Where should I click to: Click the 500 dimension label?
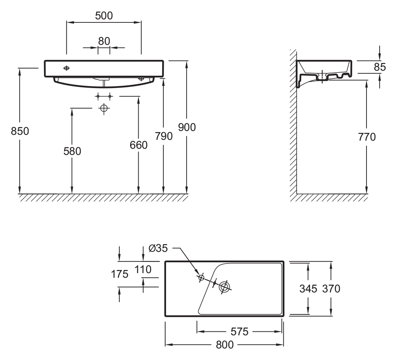pyautogui.click(x=104, y=15)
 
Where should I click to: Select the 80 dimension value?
pyautogui.click(x=104, y=41)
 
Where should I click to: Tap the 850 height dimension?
pyautogui.click(x=20, y=131)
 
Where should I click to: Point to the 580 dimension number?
pyautogui.click(x=72, y=151)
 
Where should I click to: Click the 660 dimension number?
pyautogui.click(x=139, y=145)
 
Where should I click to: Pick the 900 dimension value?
pyautogui.click(x=187, y=127)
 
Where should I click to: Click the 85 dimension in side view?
pyautogui.click(x=380, y=67)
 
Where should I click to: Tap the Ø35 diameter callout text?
pyautogui.click(x=158, y=249)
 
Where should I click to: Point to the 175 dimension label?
pyautogui.click(x=120, y=274)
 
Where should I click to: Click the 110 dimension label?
pyautogui.click(x=143, y=270)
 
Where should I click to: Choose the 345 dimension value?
pyautogui.click(x=308, y=288)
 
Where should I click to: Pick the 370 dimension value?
pyautogui.click(x=331, y=288)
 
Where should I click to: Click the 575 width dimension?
pyautogui.click(x=239, y=332)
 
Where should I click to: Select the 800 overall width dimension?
pyautogui.click(x=224, y=345)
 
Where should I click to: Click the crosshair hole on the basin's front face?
pyautogui.click(x=66, y=68)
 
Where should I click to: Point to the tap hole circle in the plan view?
pyautogui.click(x=201, y=277)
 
